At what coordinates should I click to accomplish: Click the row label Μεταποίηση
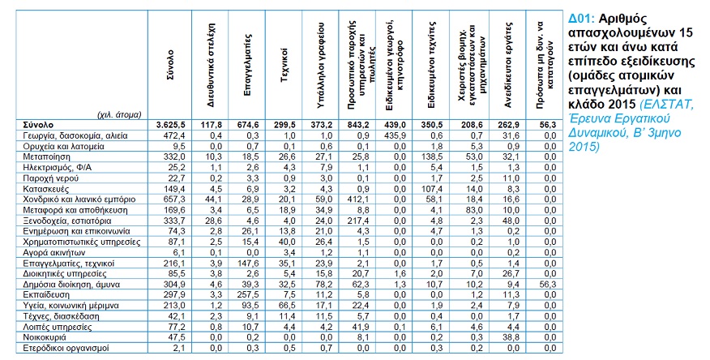coord(46,156)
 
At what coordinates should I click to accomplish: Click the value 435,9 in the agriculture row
coord(396,135)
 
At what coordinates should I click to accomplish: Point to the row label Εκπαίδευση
coord(46,295)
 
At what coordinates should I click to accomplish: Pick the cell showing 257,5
coord(250,295)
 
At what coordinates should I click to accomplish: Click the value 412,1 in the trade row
coord(360,199)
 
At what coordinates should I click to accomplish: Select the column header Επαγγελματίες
coord(247,64)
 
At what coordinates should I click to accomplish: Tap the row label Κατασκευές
coord(45,189)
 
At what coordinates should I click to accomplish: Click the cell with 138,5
coord(434,156)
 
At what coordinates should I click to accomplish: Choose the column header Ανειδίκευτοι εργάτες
coord(507,64)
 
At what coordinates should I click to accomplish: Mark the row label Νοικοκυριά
coord(45,337)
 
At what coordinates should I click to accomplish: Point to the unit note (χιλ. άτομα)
coord(119,114)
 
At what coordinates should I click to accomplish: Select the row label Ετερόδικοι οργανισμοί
coord(66,348)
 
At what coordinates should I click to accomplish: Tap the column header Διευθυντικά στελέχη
coord(211,64)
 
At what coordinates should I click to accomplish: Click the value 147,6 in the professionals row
coord(250,263)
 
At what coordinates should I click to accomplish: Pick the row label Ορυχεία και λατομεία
coord(63,146)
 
